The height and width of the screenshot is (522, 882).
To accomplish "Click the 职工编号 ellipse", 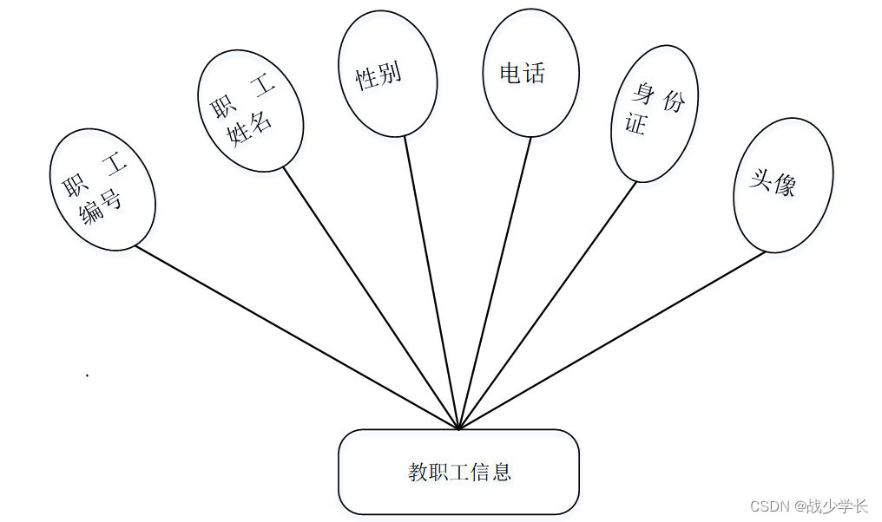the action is coord(102,190).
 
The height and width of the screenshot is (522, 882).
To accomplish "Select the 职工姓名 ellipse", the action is coord(250,110).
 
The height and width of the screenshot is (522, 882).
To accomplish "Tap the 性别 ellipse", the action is coord(386,74).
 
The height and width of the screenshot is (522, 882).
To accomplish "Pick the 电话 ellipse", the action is coord(530,73).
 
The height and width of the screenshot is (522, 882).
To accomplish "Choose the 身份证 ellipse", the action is coord(655,113).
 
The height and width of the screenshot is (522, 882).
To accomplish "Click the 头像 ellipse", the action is coord(783,185).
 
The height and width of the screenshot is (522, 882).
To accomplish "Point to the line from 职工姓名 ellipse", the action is coord(371,298).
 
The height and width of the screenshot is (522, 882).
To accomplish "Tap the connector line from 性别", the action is coord(431,282).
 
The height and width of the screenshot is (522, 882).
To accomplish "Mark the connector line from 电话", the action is coord(495,282).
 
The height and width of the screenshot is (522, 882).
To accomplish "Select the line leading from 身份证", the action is coord(548,304).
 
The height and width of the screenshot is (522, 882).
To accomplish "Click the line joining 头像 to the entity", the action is coord(612,340).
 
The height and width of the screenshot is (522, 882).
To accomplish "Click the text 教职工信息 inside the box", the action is coord(459,472).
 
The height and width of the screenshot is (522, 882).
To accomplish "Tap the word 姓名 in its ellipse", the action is coord(250,127).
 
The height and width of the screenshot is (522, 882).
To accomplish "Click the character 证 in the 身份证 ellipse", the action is coord(636,124).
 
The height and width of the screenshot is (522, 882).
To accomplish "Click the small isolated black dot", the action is coord(87,375).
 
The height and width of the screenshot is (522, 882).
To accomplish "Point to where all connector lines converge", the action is coord(458,428).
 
